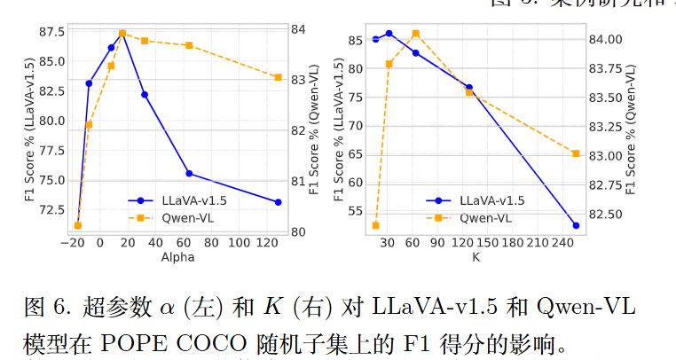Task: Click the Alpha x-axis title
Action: tap(177, 257)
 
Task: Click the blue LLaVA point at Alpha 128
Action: tap(278, 202)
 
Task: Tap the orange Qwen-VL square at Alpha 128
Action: tap(278, 77)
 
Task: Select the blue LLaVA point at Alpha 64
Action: tap(189, 173)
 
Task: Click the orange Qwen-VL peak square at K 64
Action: tap(415, 34)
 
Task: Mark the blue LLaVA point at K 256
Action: tap(576, 225)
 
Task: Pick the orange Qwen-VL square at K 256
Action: tap(576, 153)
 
